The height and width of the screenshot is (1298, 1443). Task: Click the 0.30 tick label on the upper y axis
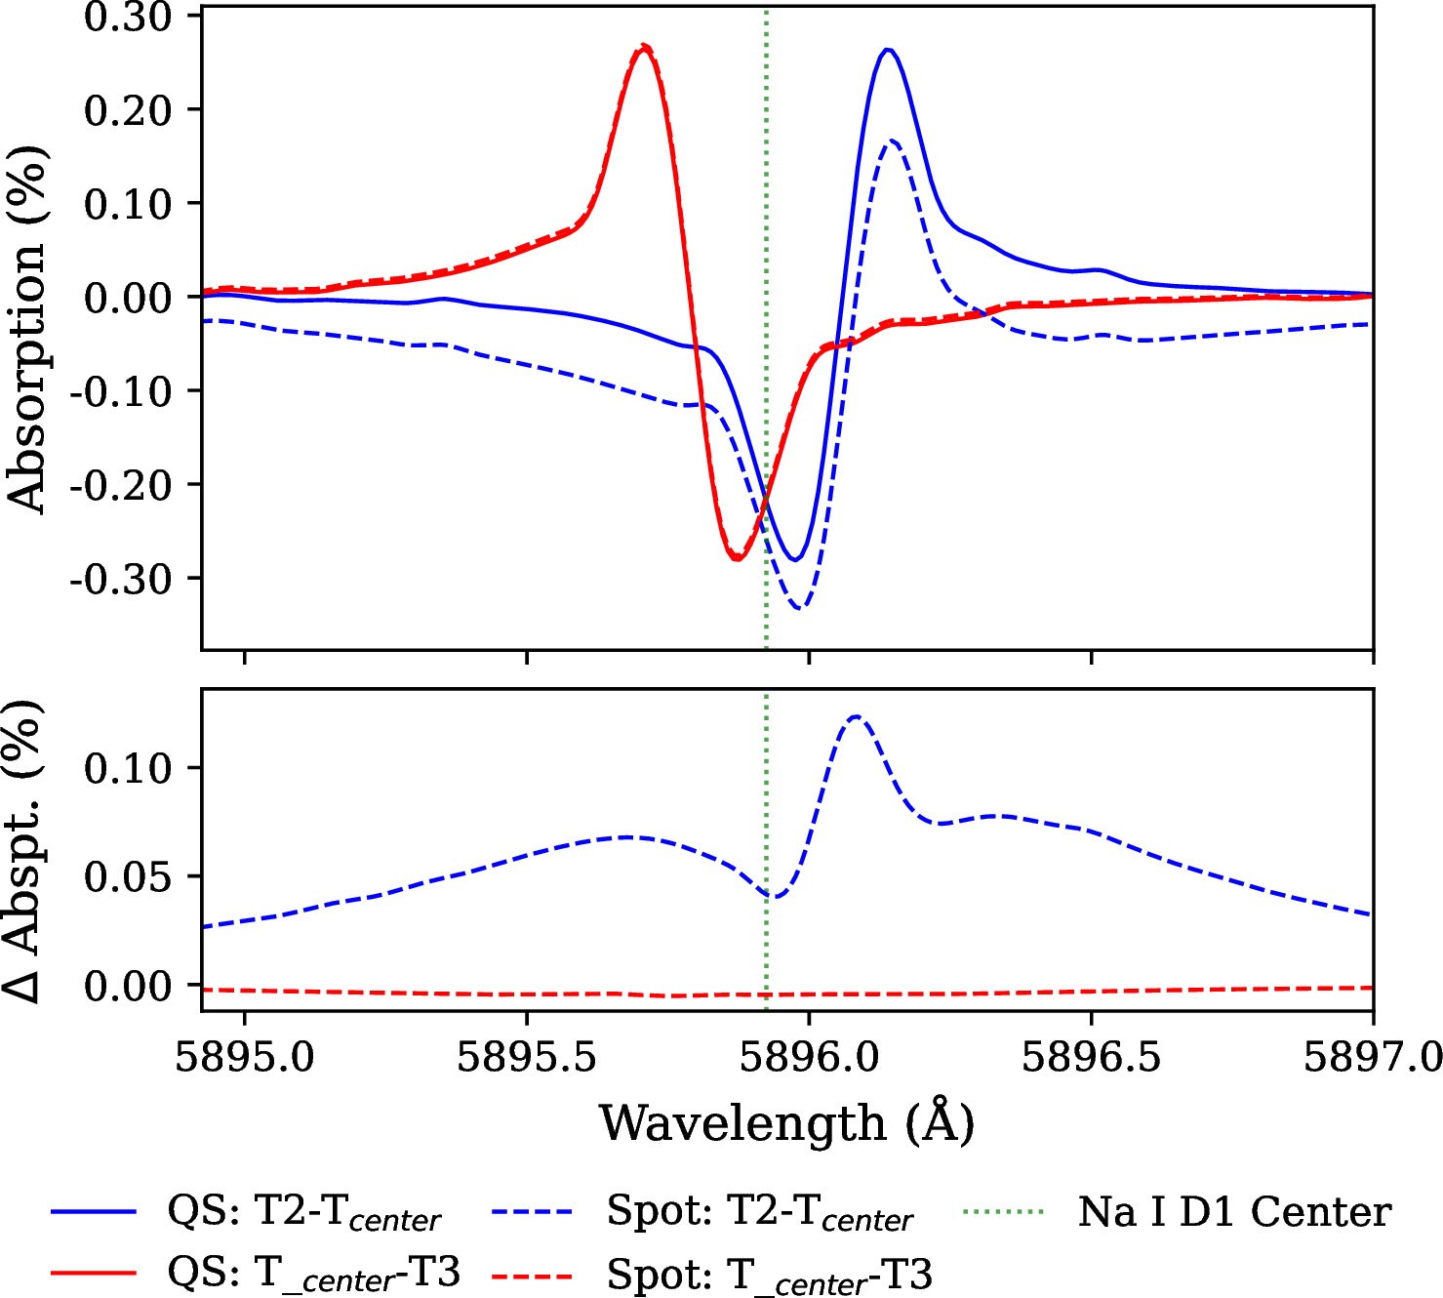[128, 17]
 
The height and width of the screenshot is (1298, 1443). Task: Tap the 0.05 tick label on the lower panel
[128, 876]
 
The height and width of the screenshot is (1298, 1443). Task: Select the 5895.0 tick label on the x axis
[245, 1057]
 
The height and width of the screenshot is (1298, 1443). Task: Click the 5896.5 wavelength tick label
[1091, 1057]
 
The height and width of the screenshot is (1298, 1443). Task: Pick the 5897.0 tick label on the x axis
[1372, 1057]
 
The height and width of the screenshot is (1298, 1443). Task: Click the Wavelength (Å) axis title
[786, 1123]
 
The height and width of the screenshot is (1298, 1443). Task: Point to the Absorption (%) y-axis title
[27, 330]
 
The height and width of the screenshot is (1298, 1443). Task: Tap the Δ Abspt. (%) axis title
[23, 851]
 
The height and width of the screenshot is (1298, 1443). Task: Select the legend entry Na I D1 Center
[1234, 1212]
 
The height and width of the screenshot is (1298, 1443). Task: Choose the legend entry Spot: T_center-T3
[769, 1275]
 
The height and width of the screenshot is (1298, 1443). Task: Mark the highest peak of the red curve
[644, 46]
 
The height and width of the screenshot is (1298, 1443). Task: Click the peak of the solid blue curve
[888, 49]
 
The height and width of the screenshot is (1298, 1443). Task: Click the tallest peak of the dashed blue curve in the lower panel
[856, 716]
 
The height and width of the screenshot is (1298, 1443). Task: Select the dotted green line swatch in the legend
[1003, 1212]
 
